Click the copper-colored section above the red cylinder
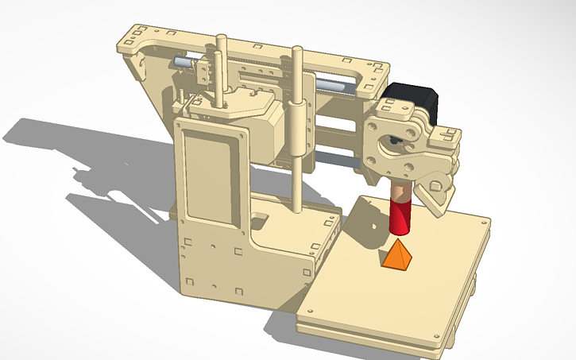[400, 191]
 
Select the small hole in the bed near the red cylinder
[373, 229]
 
